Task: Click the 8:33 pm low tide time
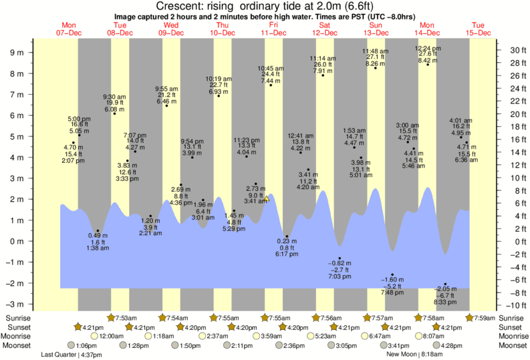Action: pos(446,303)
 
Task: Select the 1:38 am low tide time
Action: pos(98,248)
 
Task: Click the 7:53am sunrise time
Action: pos(126,317)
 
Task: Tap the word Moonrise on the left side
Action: pos(19,337)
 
